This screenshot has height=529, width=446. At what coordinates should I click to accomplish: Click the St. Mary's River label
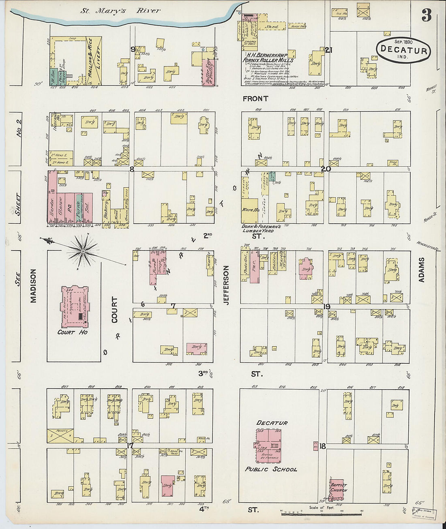click(120, 11)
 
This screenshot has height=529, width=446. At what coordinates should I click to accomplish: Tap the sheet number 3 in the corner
click(426, 15)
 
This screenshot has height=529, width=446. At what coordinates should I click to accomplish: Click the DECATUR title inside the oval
click(403, 51)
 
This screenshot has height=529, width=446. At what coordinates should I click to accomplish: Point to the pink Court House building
click(75, 307)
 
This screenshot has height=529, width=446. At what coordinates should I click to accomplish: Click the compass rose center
click(83, 251)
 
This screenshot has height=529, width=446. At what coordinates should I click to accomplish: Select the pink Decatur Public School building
click(268, 445)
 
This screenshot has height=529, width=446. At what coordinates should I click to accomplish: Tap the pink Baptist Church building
click(339, 488)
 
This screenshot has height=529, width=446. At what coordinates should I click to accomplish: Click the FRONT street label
click(255, 99)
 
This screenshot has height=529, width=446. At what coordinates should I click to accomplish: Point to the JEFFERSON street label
click(226, 285)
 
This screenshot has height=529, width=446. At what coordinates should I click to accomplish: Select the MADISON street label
click(33, 286)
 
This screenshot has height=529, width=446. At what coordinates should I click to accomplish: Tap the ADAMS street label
click(422, 270)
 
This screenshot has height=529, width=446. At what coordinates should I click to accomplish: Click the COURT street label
click(115, 310)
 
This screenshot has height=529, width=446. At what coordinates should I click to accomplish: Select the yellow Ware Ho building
click(250, 210)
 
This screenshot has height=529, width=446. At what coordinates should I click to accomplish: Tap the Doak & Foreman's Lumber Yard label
click(258, 228)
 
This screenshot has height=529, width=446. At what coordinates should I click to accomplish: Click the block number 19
click(327, 306)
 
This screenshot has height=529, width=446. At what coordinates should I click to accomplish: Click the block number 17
click(130, 446)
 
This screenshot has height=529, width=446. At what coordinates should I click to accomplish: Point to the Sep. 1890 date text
click(403, 42)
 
